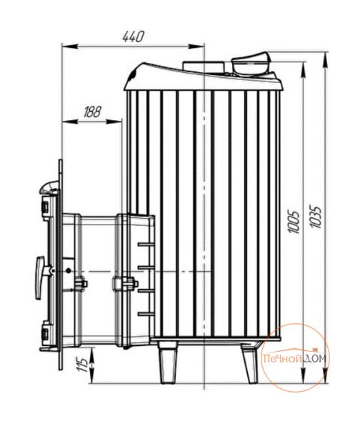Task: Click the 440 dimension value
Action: point(133,36)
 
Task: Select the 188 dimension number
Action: point(92,112)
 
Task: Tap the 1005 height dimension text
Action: point(294,222)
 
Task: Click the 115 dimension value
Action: point(82,362)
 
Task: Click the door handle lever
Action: point(40,277)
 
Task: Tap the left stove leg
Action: point(167,363)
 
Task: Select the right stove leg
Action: point(249,363)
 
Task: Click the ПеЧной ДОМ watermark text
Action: point(294,358)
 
